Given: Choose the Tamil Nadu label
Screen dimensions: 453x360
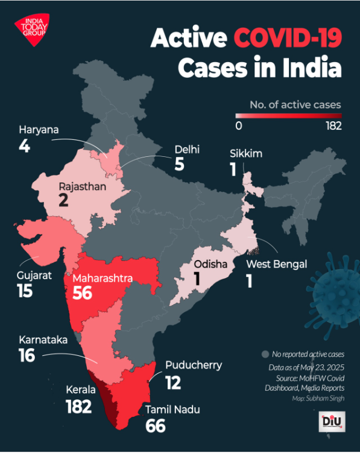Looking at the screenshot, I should [x=172, y=410].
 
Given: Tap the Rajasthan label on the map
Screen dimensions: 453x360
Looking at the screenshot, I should [x=83, y=187].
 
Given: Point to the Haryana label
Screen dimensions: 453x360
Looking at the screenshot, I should [x=37, y=129].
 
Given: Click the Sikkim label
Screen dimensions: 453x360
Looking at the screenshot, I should [x=245, y=153].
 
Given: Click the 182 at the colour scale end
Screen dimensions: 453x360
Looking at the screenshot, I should [x=333, y=126].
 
